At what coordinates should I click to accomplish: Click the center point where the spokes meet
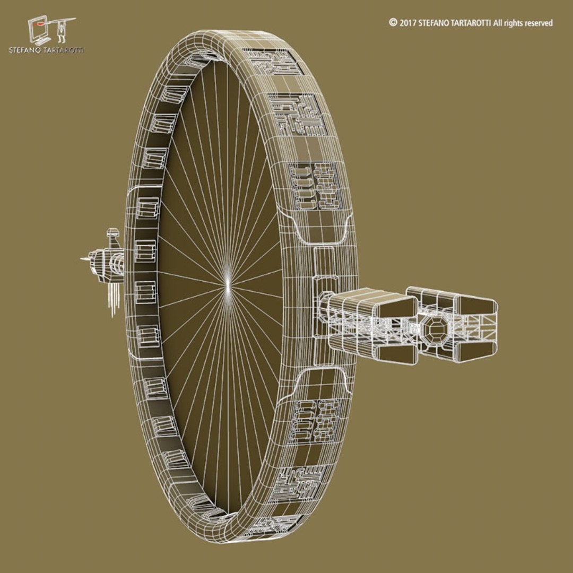[x=227, y=285]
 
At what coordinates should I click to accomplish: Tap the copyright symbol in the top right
[x=393, y=23]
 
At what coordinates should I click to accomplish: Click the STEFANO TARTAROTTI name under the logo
[x=47, y=50]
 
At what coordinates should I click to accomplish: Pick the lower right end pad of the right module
[x=476, y=351]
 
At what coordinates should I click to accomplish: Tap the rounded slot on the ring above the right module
[x=325, y=229]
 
